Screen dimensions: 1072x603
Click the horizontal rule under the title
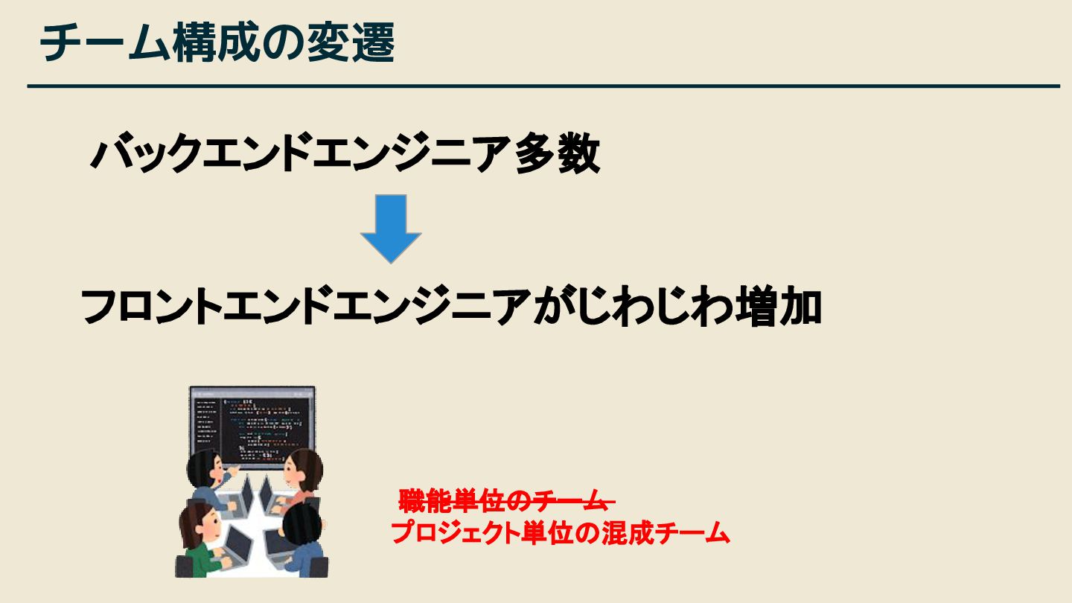543,86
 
